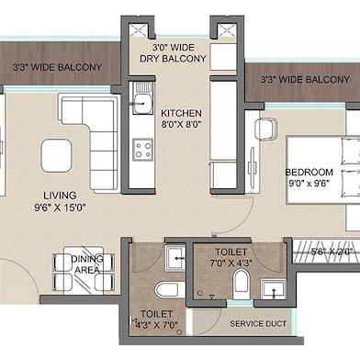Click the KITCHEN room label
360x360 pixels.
[x=181, y=113]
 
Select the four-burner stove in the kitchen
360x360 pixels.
[x=142, y=150]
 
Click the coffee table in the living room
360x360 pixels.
[x=56, y=155]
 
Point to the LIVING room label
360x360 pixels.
[x=60, y=196]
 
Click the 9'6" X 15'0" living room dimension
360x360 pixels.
[x=60, y=208]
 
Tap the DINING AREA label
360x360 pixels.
[x=87, y=264]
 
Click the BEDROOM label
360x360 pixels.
[x=309, y=172]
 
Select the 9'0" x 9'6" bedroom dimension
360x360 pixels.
[x=309, y=184]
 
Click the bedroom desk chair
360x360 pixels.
[x=266, y=129]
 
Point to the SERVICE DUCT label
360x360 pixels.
[x=258, y=323]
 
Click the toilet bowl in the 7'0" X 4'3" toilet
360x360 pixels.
[x=242, y=284]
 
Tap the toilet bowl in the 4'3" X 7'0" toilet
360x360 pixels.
[x=167, y=290]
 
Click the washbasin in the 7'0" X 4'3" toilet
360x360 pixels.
[x=274, y=289]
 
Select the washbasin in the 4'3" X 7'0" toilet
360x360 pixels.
[x=175, y=258]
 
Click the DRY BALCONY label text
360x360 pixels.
[x=173, y=59]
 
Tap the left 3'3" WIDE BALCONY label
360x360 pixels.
[x=57, y=67]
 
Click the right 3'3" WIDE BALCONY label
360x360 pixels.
[x=305, y=80]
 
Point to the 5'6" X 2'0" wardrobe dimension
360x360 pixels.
[x=332, y=252]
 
